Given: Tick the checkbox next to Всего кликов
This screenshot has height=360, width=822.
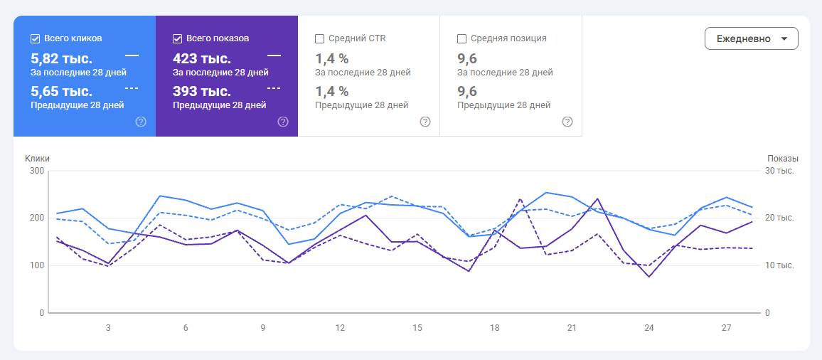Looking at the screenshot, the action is tap(35, 38).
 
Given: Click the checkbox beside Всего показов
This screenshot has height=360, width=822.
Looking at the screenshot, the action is tap(177, 38).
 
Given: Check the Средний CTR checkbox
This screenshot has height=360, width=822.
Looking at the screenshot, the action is tap(319, 38).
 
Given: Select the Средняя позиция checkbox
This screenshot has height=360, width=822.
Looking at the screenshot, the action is tap(462, 38).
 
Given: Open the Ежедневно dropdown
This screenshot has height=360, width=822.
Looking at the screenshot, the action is tap(751, 38).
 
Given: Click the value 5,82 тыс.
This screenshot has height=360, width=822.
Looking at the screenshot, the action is tap(62, 58).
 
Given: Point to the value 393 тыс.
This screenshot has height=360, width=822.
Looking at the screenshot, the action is tap(202, 91).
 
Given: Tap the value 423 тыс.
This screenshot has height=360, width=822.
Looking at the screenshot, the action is tap(202, 58).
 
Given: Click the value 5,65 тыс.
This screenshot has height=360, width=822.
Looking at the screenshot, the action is tap(62, 91).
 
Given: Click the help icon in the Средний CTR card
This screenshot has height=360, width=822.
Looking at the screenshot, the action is tap(425, 122).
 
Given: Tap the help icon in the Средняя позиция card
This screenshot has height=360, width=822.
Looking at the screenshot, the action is tap(567, 122).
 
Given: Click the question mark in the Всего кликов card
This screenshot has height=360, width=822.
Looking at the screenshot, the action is tap(141, 122).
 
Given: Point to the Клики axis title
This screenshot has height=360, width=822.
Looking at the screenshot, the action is tap(37, 159).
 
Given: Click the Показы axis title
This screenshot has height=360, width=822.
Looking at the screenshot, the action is tap(783, 159).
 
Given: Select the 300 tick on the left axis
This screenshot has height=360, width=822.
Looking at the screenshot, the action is tap(38, 171).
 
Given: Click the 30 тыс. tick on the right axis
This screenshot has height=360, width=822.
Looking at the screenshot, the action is tap(779, 171).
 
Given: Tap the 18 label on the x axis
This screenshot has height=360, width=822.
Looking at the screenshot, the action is tap(494, 328).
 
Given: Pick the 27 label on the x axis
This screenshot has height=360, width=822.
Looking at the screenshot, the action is tap(726, 328).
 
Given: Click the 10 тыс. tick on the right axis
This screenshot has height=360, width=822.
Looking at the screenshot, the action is tap(779, 265).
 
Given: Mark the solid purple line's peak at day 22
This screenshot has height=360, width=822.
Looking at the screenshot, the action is tap(597, 199).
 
